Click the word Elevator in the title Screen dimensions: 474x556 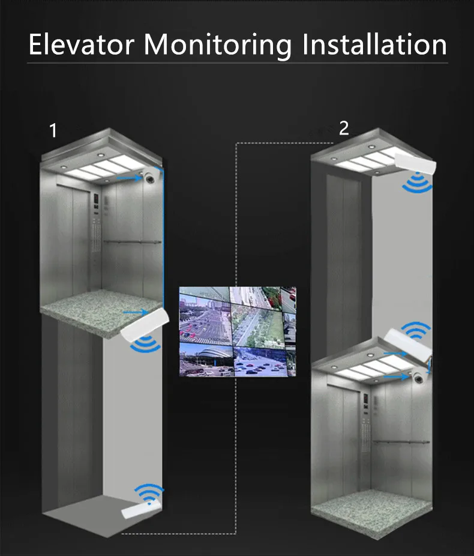tap(81, 44)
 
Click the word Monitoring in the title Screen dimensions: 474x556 tap(218, 46)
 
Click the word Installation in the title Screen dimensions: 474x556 tap(374, 44)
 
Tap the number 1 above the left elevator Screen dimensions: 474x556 tap(53, 130)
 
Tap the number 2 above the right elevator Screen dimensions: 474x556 tap(344, 128)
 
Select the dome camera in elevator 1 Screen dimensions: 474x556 tap(149, 178)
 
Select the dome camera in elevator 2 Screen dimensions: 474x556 tap(419, 377)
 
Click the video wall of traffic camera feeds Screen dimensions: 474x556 tap(238, 331)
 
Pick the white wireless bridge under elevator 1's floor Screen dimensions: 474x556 tap(145, 325)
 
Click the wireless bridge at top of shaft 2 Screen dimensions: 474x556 tap(415, 164)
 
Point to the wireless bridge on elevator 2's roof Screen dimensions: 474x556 tap(407, 342)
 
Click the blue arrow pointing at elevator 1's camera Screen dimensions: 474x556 tap(130, 178)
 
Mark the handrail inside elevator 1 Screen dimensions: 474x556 tap(132, 242)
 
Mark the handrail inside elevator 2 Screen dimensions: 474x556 tap(401, 442)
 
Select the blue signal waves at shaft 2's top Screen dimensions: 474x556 tap(418, 183)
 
